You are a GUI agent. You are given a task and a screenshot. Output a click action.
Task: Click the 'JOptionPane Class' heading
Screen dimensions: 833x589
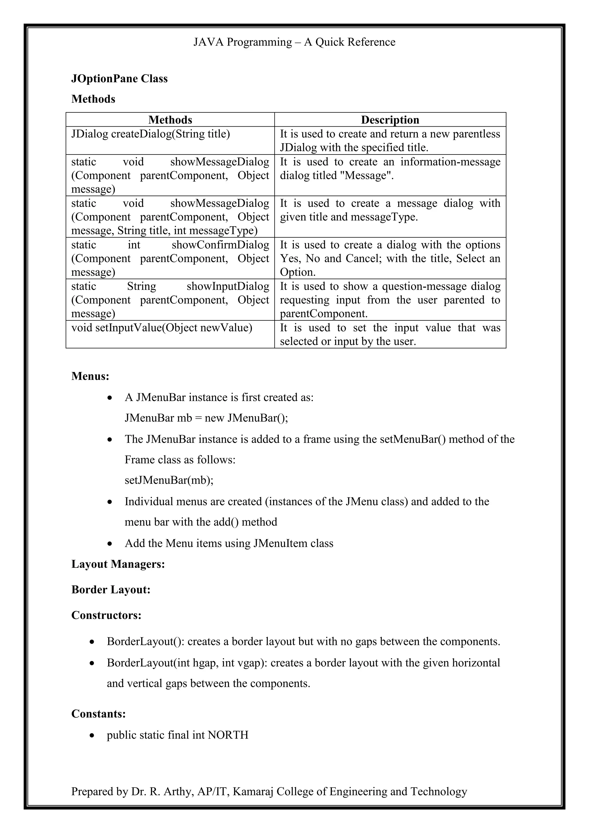(119, 79)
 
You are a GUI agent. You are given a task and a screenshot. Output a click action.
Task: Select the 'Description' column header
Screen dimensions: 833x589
(390, 120)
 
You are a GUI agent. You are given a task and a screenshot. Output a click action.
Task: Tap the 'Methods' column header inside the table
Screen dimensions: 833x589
(170, 120)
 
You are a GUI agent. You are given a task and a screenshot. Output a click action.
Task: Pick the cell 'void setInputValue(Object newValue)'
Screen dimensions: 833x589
(161, 328)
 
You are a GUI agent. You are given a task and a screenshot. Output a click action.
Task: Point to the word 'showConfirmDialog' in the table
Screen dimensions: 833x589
(220, 245)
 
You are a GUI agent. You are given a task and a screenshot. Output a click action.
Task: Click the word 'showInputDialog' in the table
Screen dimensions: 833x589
(228, 286)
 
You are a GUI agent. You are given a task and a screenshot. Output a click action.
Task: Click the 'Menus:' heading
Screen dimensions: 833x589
(90, 376)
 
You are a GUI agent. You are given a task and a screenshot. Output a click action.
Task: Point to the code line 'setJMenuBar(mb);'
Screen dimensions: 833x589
(169, 480)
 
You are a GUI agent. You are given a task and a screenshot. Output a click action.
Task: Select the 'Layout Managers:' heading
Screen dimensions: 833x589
(118, 564)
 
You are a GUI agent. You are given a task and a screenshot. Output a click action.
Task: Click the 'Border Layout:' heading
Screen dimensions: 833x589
(111, 590)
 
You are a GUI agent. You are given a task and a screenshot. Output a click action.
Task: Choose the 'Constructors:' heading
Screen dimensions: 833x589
(106, 615)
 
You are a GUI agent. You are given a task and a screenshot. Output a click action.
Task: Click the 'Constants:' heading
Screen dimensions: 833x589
(98, 714)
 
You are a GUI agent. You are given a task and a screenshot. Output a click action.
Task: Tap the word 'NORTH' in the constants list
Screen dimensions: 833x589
(228, 735)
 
